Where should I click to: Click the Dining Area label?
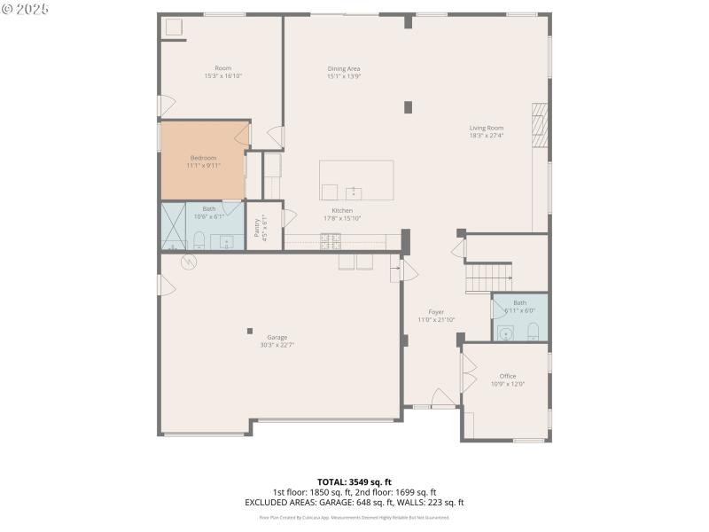(344, 68)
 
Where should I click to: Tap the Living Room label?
(486, 128)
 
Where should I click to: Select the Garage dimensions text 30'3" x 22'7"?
(277, 345)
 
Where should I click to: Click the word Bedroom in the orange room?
(203, 158)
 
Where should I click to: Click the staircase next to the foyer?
(488, 278)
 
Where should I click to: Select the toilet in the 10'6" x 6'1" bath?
(198, 240)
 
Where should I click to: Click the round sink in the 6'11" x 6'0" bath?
(505, 332)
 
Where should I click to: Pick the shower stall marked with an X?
(173, 227)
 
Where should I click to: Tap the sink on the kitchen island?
(354, 192)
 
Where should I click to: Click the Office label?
(508, 376)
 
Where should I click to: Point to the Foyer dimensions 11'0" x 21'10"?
(436, 320)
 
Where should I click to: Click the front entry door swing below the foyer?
(442, 398)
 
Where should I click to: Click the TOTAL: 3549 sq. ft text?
(354, 481)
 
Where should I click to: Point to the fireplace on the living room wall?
(538, 126)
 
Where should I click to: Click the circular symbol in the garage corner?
(188, 262)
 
